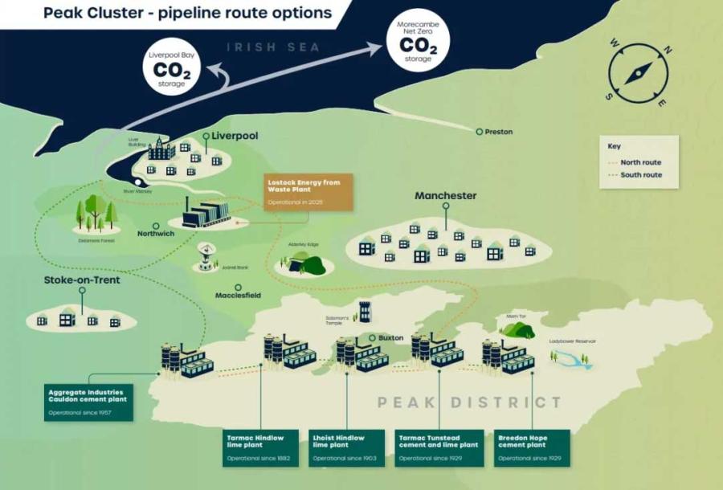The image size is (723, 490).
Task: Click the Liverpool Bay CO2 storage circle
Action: click(172, 69)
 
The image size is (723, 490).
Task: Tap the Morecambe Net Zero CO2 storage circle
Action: click(418, 41)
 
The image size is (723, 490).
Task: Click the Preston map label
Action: click(498, 132)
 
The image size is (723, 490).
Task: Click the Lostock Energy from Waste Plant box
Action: click(308, 193)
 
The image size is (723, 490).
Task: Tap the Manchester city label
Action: click(445, 196)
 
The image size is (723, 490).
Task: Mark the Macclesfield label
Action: click(238, 296)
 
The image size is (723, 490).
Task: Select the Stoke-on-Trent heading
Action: click(83, 281)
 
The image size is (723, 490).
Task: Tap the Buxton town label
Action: click(390, 338)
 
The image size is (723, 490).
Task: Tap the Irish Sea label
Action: click(272, 47)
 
